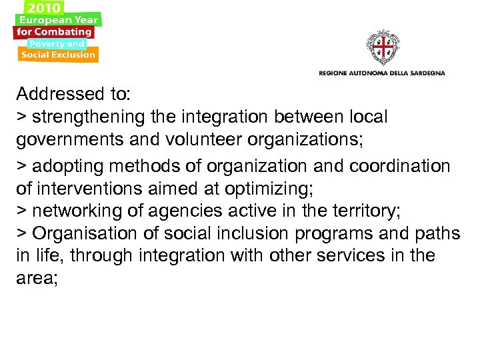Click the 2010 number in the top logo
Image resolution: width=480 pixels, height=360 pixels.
(43, 9)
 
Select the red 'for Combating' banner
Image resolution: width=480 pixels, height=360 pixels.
(55, 31)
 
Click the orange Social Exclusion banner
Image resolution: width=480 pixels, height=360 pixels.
(58, 55)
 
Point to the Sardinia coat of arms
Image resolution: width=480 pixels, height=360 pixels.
(382, 48)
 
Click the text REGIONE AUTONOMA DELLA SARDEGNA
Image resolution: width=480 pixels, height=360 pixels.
(382, 72)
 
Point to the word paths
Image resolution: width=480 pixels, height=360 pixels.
(437, 234)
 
